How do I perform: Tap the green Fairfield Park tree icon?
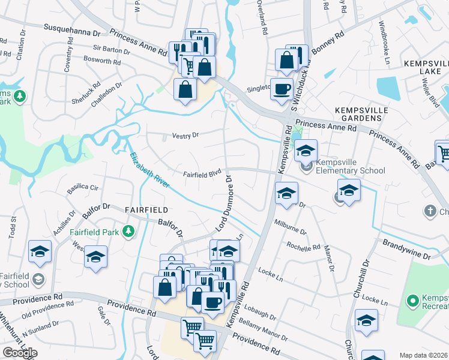click(x=127, y=231)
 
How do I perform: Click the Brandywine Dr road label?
click(x=407, y=250)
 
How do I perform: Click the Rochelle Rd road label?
click(x=303, y=247)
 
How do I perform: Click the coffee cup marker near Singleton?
click(x=282, y=89)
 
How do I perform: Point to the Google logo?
click(x=20, y=352)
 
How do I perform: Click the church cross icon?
click(x=430, y=211)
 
